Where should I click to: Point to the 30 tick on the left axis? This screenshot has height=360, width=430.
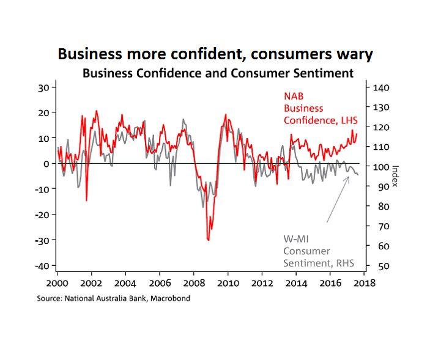43,87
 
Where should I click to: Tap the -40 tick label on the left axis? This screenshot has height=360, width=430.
41,266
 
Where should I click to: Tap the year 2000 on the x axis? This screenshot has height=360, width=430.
57,284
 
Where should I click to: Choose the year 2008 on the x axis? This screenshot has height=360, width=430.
193,284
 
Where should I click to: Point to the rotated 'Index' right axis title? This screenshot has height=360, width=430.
395,176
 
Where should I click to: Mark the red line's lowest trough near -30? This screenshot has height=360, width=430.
209,240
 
